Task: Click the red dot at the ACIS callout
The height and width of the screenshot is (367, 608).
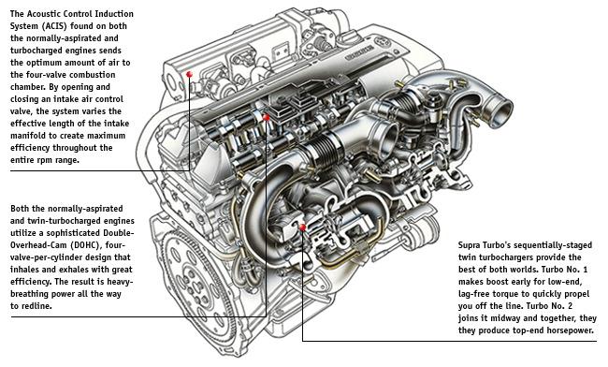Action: point(189,74)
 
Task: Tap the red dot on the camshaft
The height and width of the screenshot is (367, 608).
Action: point(267,117)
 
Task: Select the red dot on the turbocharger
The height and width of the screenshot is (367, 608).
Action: point(302,228)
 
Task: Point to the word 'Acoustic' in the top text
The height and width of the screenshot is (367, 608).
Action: point(43,14)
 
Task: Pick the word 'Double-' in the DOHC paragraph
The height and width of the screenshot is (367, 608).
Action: point(118,233)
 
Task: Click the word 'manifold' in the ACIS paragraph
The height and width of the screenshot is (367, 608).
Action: point(27,136)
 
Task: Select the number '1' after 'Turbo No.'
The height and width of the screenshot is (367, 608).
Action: point(585,270)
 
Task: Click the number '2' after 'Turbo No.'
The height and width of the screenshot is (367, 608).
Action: point(570,306)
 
